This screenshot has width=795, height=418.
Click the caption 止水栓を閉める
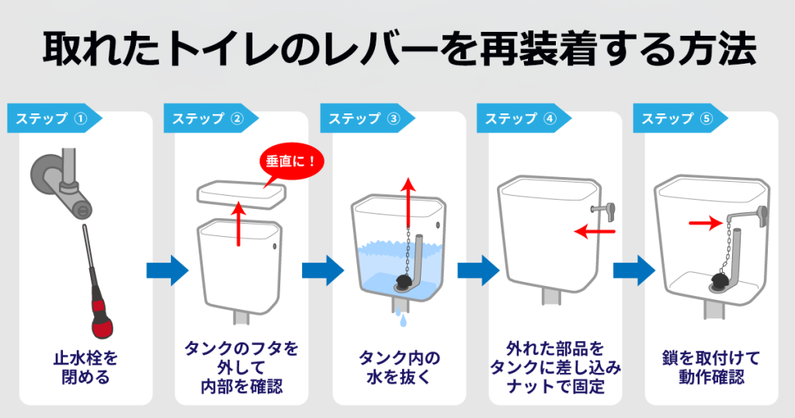click(x=86, y=367)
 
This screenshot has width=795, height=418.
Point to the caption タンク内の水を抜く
click(x=399, y=367)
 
